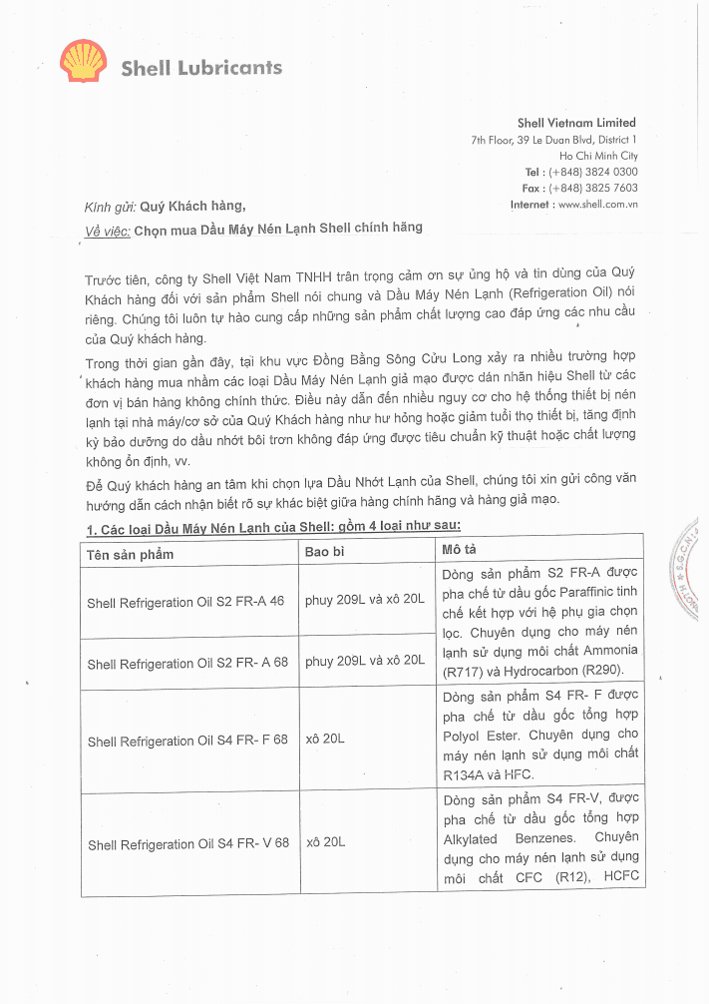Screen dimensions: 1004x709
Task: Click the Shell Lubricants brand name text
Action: [201, 68]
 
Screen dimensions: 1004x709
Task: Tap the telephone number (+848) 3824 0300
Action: [593, 172]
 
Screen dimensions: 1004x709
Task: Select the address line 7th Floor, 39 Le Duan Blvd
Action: [553, 140]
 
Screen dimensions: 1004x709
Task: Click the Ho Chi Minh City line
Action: [598, 156]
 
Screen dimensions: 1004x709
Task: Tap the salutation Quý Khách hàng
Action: [191, 207]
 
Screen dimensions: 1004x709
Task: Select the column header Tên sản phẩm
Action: [130, 554]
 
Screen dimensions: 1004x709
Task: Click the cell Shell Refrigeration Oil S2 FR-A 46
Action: [185, 603]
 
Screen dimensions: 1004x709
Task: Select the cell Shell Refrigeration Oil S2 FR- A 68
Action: [187, 664]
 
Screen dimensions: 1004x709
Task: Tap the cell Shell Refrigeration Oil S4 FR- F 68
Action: [187, 742]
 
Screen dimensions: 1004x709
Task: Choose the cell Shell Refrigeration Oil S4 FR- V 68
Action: [187, 844]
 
